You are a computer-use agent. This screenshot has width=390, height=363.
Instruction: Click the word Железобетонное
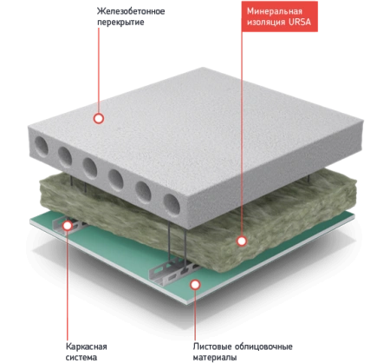(x=131, y=11)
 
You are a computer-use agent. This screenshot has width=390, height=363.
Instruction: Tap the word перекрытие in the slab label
(x=120, y=23)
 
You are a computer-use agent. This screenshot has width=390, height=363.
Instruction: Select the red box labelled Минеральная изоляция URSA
(x=280, y=16)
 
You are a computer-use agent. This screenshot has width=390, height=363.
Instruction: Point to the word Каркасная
(x=87, y=346)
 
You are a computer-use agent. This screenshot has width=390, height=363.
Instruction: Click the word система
(x=81, y=357)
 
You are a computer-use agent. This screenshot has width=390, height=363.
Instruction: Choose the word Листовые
(x=212, y=346)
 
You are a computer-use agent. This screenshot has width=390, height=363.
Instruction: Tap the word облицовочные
(x=263, y=346)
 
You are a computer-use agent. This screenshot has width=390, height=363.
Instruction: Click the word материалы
(x=215, y=357)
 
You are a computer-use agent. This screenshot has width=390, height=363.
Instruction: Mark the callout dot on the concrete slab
(x=99, y=118)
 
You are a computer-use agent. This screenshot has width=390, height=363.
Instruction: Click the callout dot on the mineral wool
(x=242, y=241)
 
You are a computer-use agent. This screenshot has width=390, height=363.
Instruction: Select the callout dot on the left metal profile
(x=68, y=226)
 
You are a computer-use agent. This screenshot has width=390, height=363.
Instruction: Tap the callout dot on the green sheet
(x=196, y=285)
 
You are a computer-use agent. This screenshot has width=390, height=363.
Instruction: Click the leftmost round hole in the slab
(x=42, y=147)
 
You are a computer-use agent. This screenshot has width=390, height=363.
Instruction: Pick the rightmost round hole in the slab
(x=172, y=205)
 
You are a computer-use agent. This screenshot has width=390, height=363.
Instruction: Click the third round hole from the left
(x=90, y=168)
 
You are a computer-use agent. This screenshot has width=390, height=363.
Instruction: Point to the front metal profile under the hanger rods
(x=172, y=272)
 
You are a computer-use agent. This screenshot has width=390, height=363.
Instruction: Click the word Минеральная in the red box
(x=275, y=11)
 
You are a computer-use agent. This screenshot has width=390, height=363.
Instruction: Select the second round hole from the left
(x=65, y=157)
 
